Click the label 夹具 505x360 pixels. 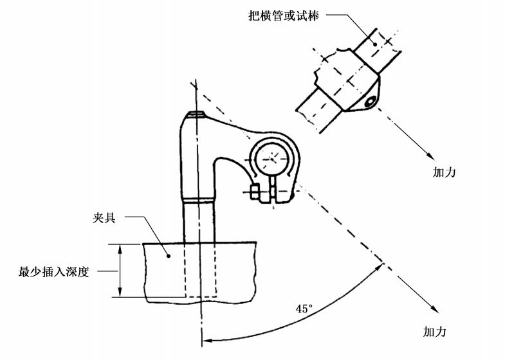tap(104, 218)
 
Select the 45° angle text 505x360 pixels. tap(304, 309)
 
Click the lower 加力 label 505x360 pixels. tap(434, 332)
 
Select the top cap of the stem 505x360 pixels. tap(196, 116)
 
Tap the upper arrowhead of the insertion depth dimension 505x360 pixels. tap(120, 248)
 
